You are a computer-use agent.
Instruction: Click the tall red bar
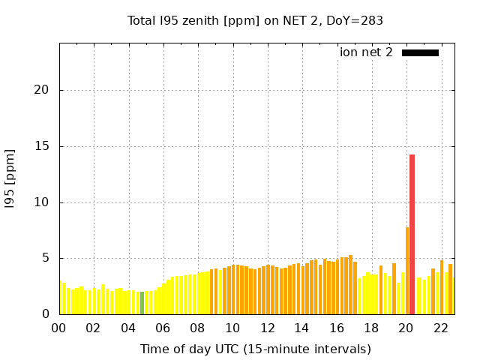coord(412,234)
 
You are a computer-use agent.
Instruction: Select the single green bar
coord(142,303)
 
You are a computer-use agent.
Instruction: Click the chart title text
coord(255,20)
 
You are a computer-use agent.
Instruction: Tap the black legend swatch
coord(420,52)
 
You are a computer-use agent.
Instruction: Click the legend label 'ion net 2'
coord(366,52)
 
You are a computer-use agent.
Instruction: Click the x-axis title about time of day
coord(255,349)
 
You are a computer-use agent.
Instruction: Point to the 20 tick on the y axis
coord(43,90)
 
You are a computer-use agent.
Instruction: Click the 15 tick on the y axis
coord(43,146)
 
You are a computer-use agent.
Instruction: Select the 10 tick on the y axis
coord(43,202)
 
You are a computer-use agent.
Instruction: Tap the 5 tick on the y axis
coord(47,258)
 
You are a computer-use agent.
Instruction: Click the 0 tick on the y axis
coord(47,314)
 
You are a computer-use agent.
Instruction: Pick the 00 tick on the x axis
coord(59,328)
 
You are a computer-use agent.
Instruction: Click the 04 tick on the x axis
coord(128,328)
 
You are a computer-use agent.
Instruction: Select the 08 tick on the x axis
coord(198,328)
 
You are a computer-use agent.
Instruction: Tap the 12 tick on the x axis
coord(267,328)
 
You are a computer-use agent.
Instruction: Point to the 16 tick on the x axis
coord(337,328)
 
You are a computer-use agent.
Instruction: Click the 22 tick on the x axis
coord(440,328)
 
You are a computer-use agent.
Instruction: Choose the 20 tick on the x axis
coord(406,328)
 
